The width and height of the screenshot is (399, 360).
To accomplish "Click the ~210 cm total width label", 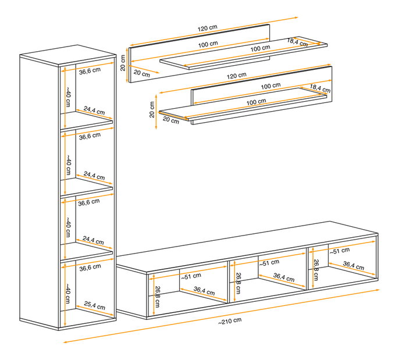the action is [x=230, y=321].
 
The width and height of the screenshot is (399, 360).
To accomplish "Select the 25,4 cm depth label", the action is [x=94, y=305].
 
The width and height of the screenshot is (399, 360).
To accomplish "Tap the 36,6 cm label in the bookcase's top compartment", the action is [x=90, y=71].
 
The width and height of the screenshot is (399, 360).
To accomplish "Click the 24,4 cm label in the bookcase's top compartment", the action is [x=94, y=111].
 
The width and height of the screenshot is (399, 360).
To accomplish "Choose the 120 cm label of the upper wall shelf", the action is [x=208, y=28].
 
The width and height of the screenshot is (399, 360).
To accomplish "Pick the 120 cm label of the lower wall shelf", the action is [x=237, y=76].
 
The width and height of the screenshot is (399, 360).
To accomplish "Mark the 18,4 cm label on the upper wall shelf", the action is [x=297, y=42].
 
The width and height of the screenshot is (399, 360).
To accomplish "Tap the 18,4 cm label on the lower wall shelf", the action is [x=320, y=88].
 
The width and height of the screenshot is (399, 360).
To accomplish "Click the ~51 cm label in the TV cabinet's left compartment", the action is [x=191, y=276].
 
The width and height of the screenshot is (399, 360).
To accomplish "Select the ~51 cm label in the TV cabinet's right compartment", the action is [x=340, y=251].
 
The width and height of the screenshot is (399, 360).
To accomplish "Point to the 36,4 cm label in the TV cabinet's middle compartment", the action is [x=284, y=277].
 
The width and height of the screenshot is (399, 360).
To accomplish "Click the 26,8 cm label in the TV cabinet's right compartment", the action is [x=316, y=270].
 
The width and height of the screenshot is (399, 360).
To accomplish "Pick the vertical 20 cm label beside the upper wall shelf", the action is [x=123, y=63].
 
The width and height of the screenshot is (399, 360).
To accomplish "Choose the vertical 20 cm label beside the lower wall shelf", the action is [x=152, y=109].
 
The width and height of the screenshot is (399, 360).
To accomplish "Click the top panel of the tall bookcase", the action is [x=68, y=55].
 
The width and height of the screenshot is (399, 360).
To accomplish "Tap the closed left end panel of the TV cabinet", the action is [x=131, y=291].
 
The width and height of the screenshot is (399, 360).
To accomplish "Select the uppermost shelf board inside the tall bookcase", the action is [x=87, y=120].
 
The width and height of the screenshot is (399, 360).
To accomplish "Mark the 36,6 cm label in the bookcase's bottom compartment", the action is [x=90, y=268].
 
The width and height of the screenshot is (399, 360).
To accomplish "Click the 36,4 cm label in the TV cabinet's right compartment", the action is [x=354, y=266].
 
